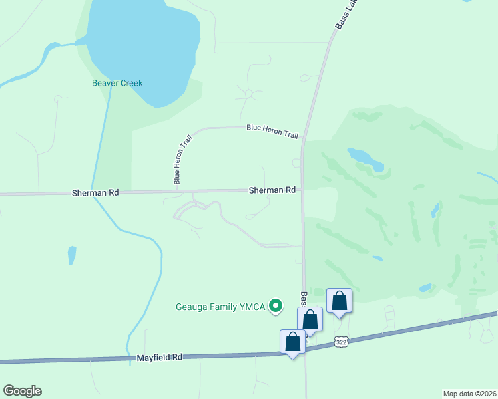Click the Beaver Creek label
(x=117, y=84)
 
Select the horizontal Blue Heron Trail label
(x=272, y=130)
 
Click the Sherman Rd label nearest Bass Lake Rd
(x=272, y=190)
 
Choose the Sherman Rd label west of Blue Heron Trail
(x=95, y=193)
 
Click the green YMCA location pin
(x=275, y=306)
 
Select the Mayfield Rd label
(x=160, y=357)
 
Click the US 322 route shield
(x=341, y=342)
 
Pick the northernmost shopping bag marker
(x=339, y=301)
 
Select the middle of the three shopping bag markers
(x=310, y=319)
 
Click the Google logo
(x=22, y=391)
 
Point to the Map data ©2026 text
(x=469, y=393)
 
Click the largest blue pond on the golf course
(x=366, y=159)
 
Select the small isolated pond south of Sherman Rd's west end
(x=71, y=256)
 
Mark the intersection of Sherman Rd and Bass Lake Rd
(x=302, y=190)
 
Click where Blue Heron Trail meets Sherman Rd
(x=178, y=192)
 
